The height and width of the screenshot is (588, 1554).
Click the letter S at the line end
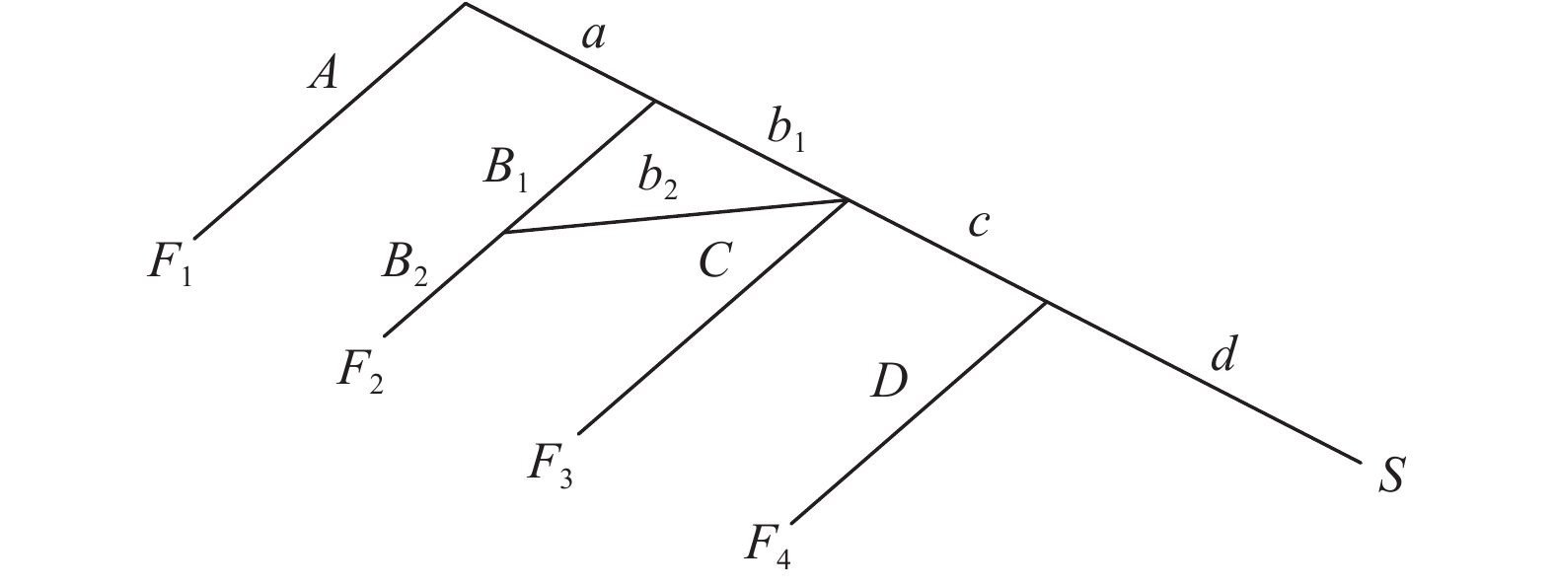coord(1390,476)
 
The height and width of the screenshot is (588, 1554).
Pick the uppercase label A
coord(323,74)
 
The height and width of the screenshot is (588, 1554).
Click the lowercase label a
coord(593,37)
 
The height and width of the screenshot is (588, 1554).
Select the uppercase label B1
coord(507,171)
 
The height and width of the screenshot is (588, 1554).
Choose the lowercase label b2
coord(658,180)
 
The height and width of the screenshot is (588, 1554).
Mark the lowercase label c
coord(978,224)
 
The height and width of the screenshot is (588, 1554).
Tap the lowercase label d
coord(1223,355)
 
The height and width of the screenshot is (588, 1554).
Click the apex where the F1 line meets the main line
coord(465,4)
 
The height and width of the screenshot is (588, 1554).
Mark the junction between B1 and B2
coord(504,233)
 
